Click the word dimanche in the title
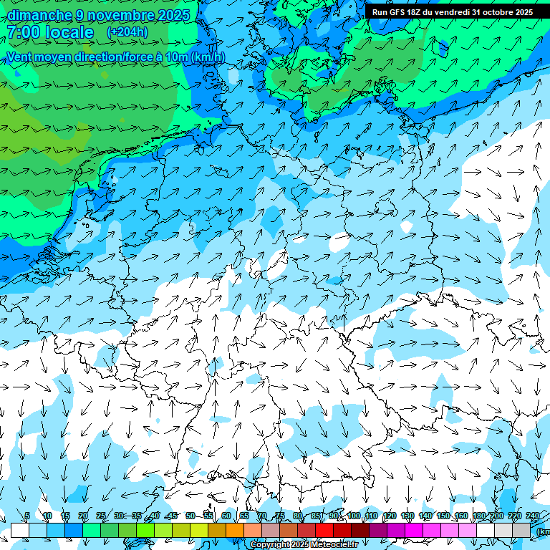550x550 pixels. [39, 15]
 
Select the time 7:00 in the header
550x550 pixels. [24, 33]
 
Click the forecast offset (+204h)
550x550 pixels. [127, 32]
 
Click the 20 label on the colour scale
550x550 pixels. [82, 516]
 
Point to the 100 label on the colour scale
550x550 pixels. [354, 516]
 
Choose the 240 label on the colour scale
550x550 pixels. [533, 516]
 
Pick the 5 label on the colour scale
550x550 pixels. [27, 516]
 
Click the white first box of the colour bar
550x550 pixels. [19, 530]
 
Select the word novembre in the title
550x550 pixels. [119, 15]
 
